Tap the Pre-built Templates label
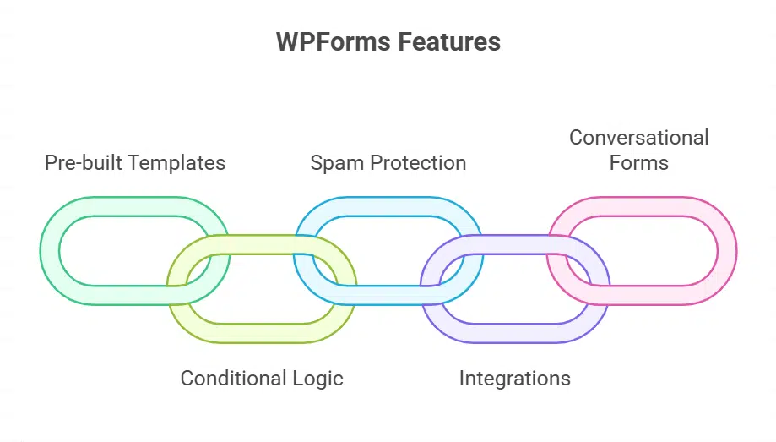click(135, 162)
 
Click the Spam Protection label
click(388, 162)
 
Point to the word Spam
click(334, 162)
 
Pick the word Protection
click(415, 162)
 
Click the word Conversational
click(638, 137)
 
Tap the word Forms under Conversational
click(638, 162)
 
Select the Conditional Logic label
click(262, 378)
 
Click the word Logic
click(317, 378)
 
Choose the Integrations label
click(514, 378)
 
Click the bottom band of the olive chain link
click(262, 333)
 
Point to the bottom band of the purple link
click(515, 333)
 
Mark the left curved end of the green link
click(50, 251)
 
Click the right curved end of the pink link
click(727, 251)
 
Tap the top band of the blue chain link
click(388, 206)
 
